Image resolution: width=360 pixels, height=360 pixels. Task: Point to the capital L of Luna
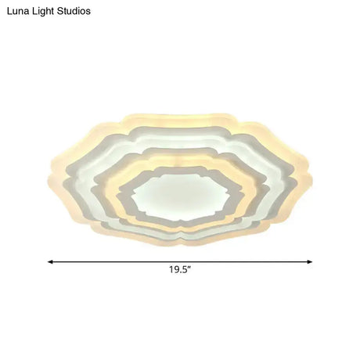pyautogui.click(x=9, y=12)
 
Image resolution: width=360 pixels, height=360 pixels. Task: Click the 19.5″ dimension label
pyautogui.click(x=180, y=270)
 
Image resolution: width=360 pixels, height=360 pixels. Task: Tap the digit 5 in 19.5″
pyautogui.click(x=185, y=270)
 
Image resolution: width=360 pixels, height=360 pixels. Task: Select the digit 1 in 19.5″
pyautogui.click(x=171, y=270)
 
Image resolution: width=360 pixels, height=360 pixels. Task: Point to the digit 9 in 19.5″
pyautogui.click(x=177, y=270)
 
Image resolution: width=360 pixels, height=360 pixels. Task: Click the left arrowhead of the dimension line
pyautogui.click(x=51, y=261)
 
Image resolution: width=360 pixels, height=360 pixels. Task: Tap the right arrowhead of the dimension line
pyautogui.click(x=310, y=261)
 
